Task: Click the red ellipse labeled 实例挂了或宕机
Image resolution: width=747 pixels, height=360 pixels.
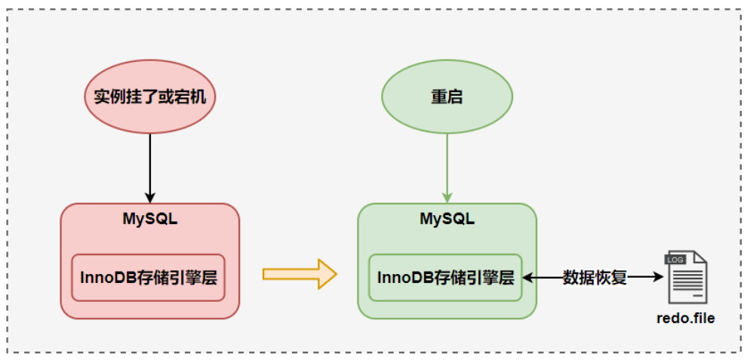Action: click(x=150, y=97)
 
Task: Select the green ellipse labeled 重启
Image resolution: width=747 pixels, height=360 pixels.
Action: click(x=447, y=97)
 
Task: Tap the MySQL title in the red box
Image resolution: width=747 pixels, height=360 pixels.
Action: click(x=150, y=220)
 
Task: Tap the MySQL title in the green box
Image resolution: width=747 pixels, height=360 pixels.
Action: click(x=447, y=220)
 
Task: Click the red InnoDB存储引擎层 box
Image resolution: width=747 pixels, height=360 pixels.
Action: click(x=149, y=277)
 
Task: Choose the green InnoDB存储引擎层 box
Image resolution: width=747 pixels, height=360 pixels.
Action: click(x=446, y=277)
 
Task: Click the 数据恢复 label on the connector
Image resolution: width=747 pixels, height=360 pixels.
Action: click(x=595, y=277)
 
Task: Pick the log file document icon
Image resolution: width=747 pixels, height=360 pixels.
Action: click(x=686, y=277)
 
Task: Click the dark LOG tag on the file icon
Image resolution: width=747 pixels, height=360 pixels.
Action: click(x=675, y=260)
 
